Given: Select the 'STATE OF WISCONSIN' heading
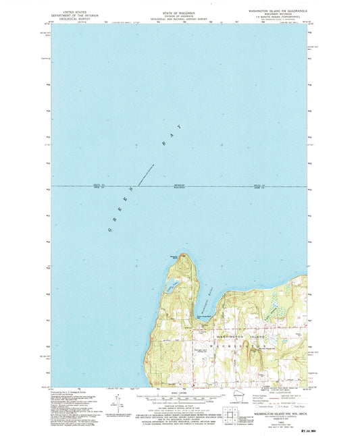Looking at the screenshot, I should point(178,11).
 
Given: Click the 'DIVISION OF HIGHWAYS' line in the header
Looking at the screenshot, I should point(178,16).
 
